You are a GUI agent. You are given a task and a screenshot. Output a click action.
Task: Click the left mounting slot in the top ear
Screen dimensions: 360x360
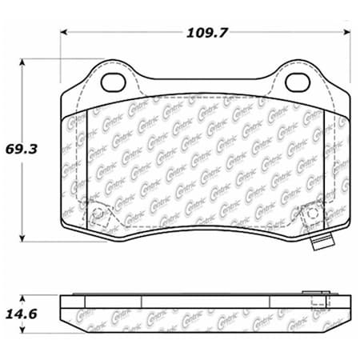[113, 82]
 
